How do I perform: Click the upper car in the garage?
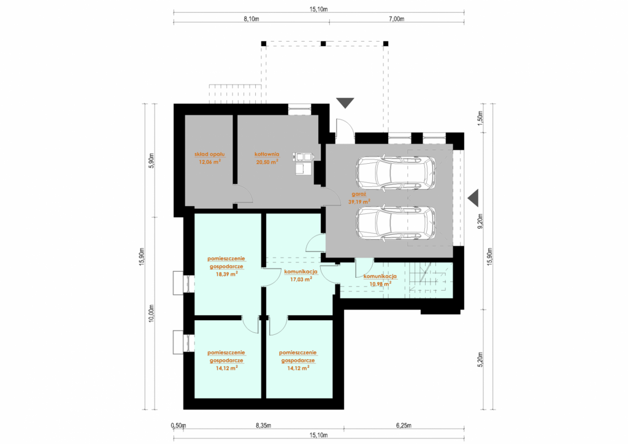pos(396,172)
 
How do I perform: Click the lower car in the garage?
pos(396,223)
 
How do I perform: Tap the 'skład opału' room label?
pos(210,154)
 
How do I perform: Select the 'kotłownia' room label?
pos(267,154)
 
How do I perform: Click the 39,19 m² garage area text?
pos(359,202)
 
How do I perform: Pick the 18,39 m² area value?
pos(226,274)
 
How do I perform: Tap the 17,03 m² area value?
pos(301,280)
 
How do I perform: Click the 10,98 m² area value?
pos(380,284)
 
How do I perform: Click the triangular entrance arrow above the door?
pos(345,103)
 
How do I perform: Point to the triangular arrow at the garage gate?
pos(473,198)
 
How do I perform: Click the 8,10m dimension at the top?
pos(251,19)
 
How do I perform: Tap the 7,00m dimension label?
pos(397,19)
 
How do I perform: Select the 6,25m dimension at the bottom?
pos(404,426)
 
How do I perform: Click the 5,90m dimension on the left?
pos(151,161)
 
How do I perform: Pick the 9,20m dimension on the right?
pos(481,221)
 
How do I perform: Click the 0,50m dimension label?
pos(178,426)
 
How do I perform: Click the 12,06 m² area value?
pos(210,162)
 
